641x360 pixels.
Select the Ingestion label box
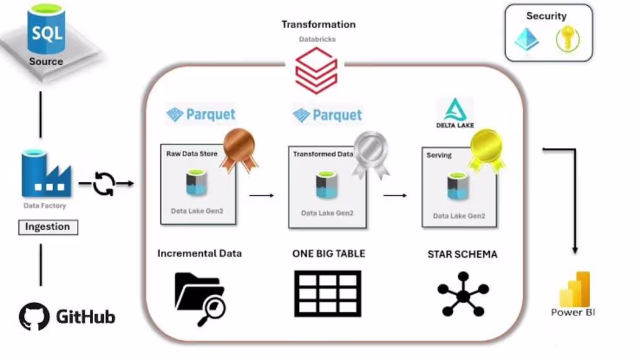pyautogui.click(x=47, y=227)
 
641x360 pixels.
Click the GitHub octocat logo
pyautogui.click(x=34, y=317)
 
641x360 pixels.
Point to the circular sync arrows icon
pyautogui.click(x=104, y=184)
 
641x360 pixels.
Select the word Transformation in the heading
pyautogui.click(x=318, y=24)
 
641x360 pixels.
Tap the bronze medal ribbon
pyautogui.click(x=238, y=149)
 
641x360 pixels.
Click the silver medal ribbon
pyautogui.click(x=371, y=153)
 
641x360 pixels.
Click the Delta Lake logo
pyautogui.click(x=455, y=114)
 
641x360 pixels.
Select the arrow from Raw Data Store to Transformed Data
pyautogui.click(x=262, y=196)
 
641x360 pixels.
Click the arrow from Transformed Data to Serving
pyautogui.click(x=395, y=196)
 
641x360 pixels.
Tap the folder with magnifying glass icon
pyautogui.click(x=200, y=298)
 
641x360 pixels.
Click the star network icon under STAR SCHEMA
pyautogui.click(x=463, y=295)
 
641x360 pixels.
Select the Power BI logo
pyautogui.click(x=574, y=290)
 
